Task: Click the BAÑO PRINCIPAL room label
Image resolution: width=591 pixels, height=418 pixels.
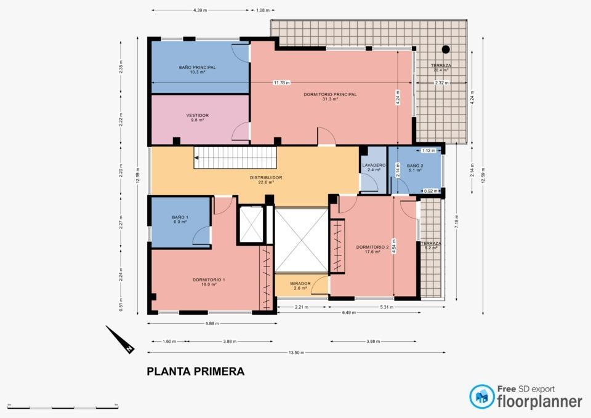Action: point(197,67)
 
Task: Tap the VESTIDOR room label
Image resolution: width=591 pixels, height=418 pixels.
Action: point(197,115)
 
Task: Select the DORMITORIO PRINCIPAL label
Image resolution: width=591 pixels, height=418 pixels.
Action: point(330,94)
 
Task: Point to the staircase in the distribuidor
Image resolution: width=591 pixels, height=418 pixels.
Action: point(234,158)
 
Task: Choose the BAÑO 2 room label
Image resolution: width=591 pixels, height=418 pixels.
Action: point(414,166)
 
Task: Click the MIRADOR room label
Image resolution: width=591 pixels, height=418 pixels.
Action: point(300,284)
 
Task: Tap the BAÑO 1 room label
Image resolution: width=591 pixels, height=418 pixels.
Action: point(180,217)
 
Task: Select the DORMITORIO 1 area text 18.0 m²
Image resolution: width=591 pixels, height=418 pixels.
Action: point(209,285)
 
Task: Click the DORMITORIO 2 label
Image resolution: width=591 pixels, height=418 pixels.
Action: point(372,247)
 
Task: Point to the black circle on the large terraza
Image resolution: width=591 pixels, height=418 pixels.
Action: point(446,49)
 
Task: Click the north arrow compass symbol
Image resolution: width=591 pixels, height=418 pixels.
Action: point(121,340)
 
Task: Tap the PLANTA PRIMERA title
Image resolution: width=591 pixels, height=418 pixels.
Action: point(195,371)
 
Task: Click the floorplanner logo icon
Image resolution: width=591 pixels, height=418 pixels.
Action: point(481,397)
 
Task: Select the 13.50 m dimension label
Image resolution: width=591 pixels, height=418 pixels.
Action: point(296,352)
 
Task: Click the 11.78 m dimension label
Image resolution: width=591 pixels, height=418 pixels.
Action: point(281,82)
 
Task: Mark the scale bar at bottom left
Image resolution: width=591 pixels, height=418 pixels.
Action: point(63,407)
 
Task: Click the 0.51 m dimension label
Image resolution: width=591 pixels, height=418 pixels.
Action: point(121,303)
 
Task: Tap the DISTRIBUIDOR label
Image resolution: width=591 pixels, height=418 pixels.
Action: point(266,177)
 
